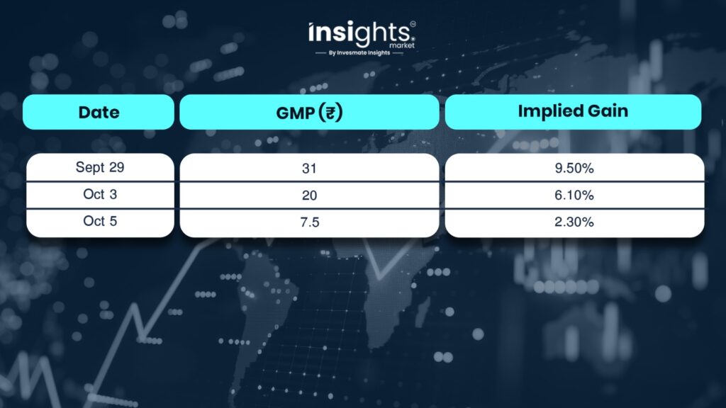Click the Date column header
(x=99, y=112)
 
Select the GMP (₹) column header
(x=309, y=112)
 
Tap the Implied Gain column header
(x=573, y=112)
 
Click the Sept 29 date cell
(x=100, y=167)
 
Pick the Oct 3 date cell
(x=100, y=194)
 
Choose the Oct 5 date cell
(x=100, y=222)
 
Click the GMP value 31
(x=309, y=168)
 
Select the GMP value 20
(x=309, y=195)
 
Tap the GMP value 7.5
(x=309, y=222)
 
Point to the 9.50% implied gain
(x=574, y=168)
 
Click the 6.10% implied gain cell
(x=574, y=195)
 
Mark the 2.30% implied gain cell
(x=574, y=222)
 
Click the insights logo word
(x=359, y=33)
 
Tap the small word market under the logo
(x=402, y=45)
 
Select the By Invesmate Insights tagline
(x=359, y=52)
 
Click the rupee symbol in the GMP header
(x=330, y=113)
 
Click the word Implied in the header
(x=545, y=112)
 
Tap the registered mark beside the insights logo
(x=413, y=24)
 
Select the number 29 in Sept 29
(x=117, y=167)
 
